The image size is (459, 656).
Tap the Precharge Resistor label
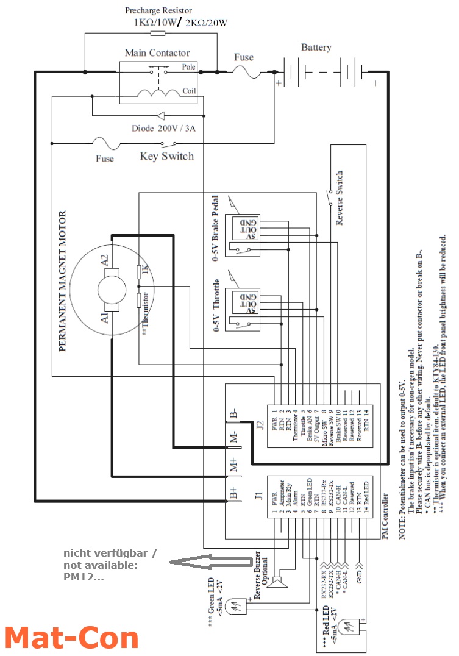tap(158, 10)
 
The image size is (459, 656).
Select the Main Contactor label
tap(157, 53)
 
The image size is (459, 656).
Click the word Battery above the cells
tap(316, 48)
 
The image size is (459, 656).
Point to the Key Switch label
tap(166, 156)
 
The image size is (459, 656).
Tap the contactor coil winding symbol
tap(160, 93)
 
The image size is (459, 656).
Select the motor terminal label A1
tap(104, 316)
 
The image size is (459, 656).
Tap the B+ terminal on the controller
tap(234, 492)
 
